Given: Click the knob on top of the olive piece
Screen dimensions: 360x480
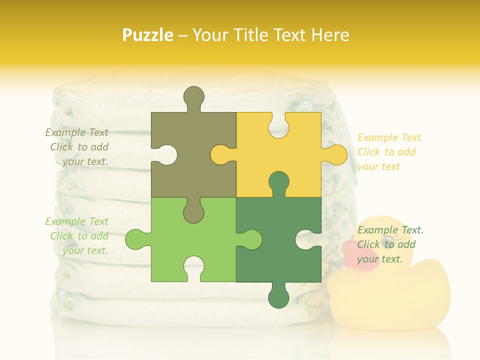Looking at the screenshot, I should (x=193, y=97).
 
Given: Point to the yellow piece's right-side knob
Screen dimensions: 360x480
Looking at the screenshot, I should (x=336, y=154).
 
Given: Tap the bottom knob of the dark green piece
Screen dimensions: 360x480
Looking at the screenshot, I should (x=278, y=297).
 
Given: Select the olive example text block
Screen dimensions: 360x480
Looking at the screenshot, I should (x=77, y=147).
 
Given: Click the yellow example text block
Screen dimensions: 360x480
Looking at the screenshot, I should (x=390, y=152).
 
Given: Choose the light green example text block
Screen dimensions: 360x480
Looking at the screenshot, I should (x=77, y=236).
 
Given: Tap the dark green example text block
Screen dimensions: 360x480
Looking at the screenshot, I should (x=390, y=244).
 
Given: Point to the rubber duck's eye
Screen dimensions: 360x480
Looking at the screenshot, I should (x=387, y=242).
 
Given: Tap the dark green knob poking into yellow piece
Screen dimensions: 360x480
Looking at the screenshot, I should (x=278, y=183).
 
